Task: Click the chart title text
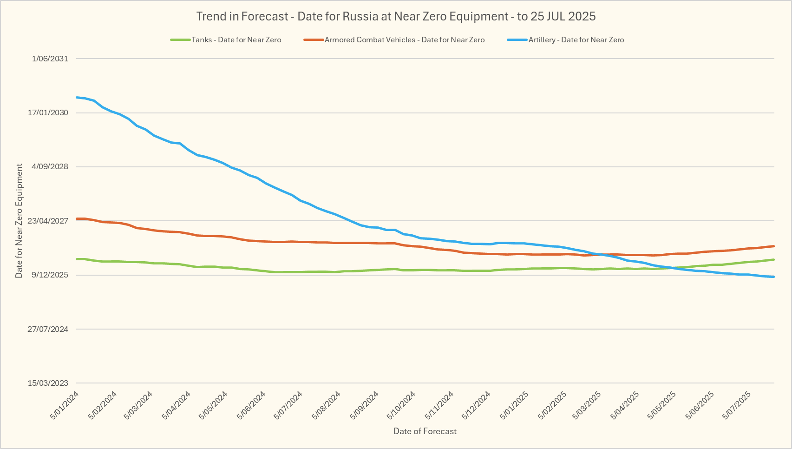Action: [396, 16]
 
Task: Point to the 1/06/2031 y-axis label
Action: [50, 59]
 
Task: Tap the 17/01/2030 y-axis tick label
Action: [48, 113]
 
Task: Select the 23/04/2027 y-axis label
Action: [48, 221]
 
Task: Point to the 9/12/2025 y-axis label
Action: [50, 275]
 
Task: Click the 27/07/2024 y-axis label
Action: [48, 329]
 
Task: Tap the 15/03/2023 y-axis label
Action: [48, 383]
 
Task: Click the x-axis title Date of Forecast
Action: [425, 431]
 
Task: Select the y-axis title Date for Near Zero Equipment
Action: [19, 221]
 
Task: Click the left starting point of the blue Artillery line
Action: [77, 97]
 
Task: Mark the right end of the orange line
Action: [773, 246]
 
